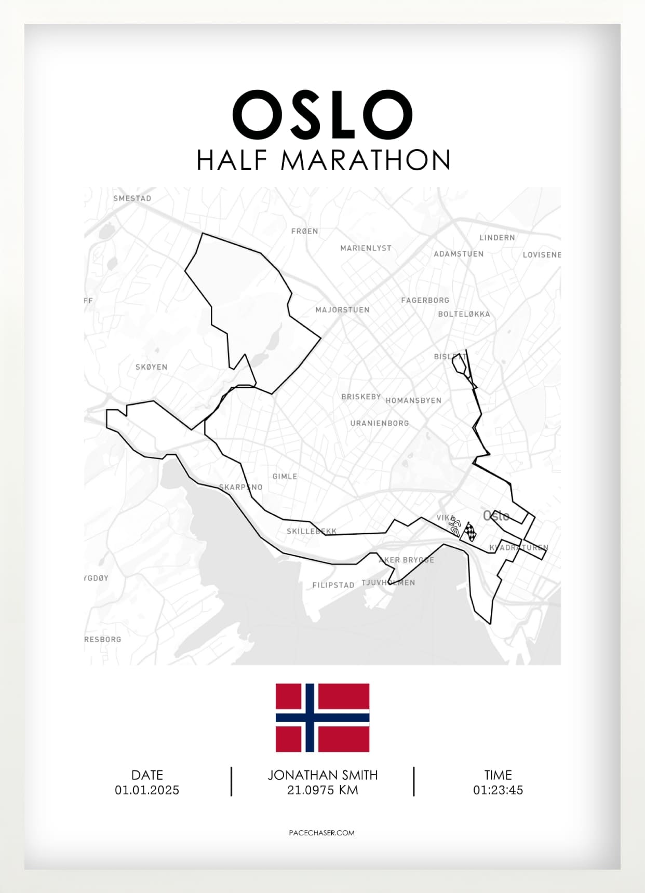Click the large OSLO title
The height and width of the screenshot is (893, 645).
click(322, 115)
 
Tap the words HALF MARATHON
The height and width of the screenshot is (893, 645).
click(323, 160)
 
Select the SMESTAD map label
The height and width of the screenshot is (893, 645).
click(132, 198)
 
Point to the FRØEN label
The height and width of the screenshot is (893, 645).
click(305, 231)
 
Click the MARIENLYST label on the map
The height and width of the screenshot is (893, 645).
click(366, 248)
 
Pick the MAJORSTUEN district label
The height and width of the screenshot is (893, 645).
click(342, 310)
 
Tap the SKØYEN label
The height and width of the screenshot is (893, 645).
click(151, 367)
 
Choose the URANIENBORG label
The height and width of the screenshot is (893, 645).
click(379, 423)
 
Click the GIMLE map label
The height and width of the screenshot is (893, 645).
click(285, 477)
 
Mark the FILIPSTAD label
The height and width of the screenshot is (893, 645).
click(333, 585)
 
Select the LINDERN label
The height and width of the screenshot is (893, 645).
click(497, 238)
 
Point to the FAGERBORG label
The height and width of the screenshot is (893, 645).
click(425, 300)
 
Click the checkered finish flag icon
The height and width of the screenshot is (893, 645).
click(470, 532)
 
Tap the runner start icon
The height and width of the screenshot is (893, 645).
click(455, 525)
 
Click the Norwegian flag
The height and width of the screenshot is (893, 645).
click(322, 718)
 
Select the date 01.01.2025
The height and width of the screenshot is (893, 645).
click(147, 790)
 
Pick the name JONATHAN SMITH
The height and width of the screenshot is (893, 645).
click(322, 775)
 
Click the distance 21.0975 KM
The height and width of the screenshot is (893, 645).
click(322, 790)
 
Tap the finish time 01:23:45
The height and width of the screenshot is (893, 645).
click(498, 790)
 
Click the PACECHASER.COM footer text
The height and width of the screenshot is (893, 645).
click(321, 833)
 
